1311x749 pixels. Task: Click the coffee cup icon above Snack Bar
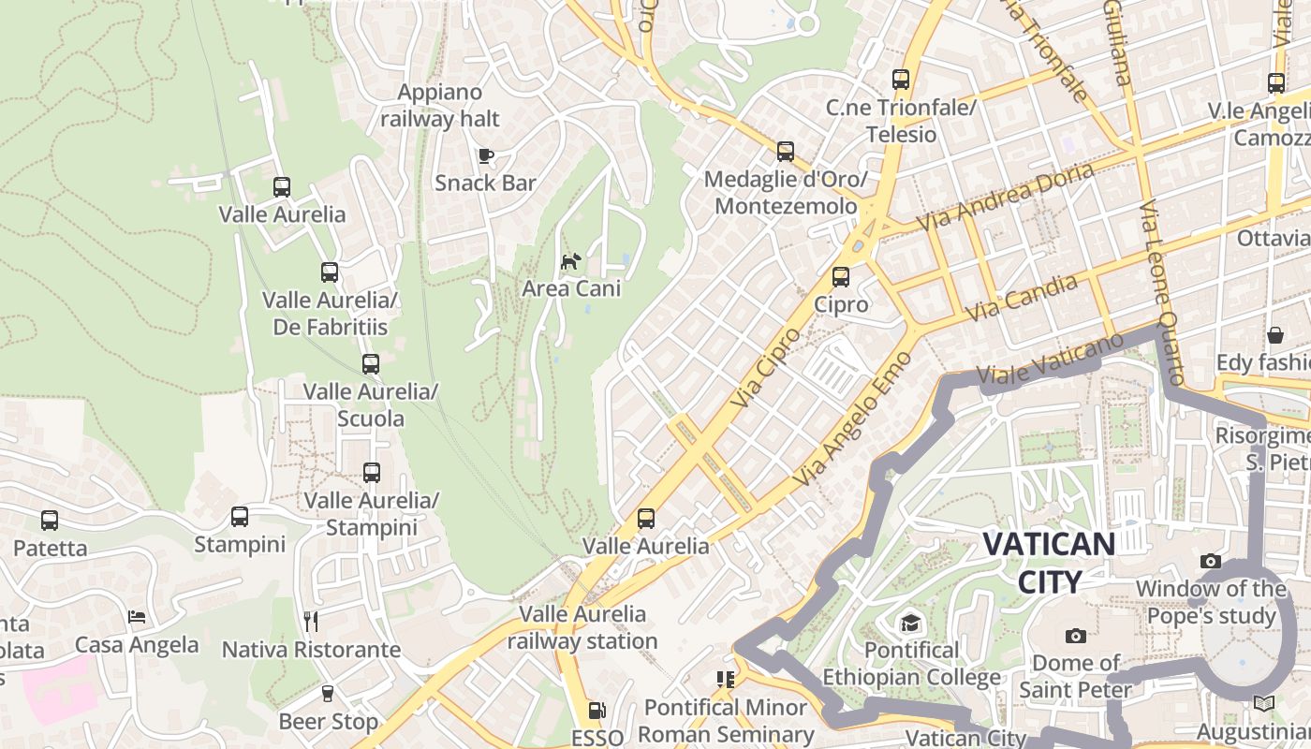click(485, 154)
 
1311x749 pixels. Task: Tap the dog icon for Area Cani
click(570, 260)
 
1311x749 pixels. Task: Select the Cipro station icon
click(841, 277)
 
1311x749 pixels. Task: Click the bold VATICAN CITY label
click(1049, 563)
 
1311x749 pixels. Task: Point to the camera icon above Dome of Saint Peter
click(1076, 637)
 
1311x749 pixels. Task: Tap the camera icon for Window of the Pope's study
click(1211, 562)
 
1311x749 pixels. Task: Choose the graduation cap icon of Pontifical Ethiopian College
click(910, 623)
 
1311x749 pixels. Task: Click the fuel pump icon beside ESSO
click(597, 712)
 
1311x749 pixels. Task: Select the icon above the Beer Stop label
click(328, 694)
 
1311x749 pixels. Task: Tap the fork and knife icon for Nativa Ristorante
click(311, 621)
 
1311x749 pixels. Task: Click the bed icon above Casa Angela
click(137, 617)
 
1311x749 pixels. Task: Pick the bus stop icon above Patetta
click(50, 521)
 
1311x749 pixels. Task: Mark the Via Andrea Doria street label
click(1006, 198)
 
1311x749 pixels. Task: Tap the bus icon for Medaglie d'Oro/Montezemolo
click(786, 151)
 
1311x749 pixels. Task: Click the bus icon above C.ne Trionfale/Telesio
click(901, 80)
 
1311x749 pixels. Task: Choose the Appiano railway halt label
click(440, 106)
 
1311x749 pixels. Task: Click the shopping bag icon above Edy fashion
click(1275, 335)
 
